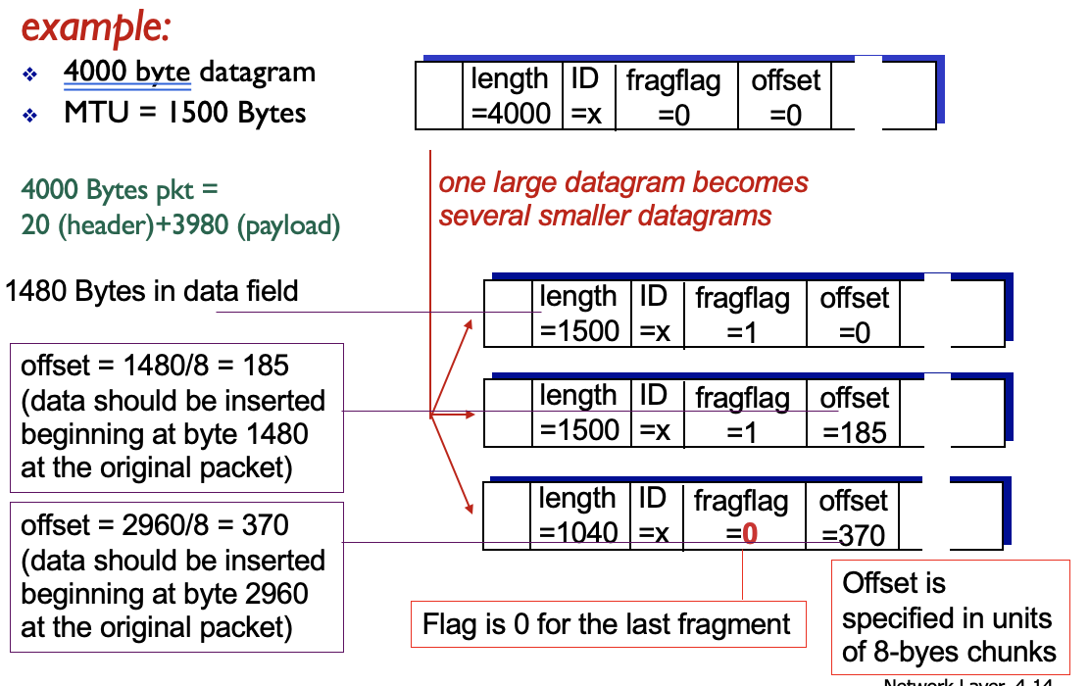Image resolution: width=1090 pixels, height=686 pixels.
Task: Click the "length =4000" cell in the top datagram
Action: [510, 95]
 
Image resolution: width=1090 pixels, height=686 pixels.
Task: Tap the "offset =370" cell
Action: [853, 517]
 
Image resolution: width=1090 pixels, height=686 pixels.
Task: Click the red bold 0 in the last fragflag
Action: [750, 535]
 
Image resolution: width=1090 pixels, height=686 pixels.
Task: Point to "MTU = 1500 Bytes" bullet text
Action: [184, 113]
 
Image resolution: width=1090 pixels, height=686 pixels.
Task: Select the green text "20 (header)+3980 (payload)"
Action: [180, 226]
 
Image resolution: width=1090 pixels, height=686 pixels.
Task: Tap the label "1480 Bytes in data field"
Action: [152, 291]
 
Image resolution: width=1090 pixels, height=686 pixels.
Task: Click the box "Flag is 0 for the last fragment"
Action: [607, 624]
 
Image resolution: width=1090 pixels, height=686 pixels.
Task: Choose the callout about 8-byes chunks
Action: [948, 617]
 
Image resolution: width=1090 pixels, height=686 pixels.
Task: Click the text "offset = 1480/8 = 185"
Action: [155, 366]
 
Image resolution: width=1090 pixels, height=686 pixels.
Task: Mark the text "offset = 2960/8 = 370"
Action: [155, 526]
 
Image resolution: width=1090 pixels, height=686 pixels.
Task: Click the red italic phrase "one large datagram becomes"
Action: [623, 183]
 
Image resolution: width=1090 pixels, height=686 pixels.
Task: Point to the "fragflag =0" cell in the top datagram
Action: [673, 96]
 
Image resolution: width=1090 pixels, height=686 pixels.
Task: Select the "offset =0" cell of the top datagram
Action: [785, 96]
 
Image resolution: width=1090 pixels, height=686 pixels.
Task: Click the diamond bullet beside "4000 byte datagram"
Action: [30, 73]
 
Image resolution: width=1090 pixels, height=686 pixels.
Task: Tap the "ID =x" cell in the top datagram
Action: [585, 95]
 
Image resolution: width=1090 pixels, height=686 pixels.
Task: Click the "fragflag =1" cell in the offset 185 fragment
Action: [742, 415]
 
